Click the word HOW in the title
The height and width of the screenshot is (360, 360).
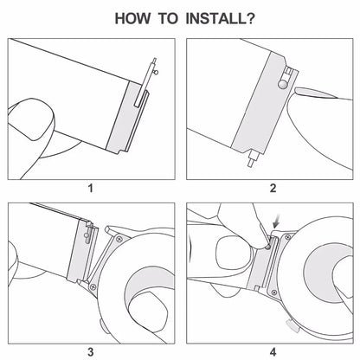(132, 18)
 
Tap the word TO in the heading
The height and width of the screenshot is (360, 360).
(169, 18)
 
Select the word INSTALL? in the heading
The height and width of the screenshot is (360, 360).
(220, 18)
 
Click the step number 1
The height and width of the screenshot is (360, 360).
(91, 189)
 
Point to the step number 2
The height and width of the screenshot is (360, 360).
(273, 188)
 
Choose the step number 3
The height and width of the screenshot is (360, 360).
(91, 352)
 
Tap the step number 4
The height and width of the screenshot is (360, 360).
(273, 352)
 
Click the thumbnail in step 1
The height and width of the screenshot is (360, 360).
(32, 119)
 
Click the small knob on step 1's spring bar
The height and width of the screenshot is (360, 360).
(156, 73)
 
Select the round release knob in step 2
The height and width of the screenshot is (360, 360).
(282, 84)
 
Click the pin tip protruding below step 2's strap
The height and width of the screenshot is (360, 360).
(250, 163)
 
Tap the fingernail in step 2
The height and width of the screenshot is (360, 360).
(315, 93)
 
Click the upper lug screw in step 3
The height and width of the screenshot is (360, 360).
(119, 239)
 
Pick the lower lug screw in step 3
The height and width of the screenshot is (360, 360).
(93, 286)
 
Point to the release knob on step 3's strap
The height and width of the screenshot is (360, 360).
(87, 235)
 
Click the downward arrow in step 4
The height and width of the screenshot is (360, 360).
(277, 223)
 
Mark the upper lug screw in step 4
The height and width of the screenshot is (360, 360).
(287, 237)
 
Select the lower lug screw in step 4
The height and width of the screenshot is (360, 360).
(274, 292)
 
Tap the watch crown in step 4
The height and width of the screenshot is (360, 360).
(292, 325)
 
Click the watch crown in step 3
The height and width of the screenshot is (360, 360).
(101, 325)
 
